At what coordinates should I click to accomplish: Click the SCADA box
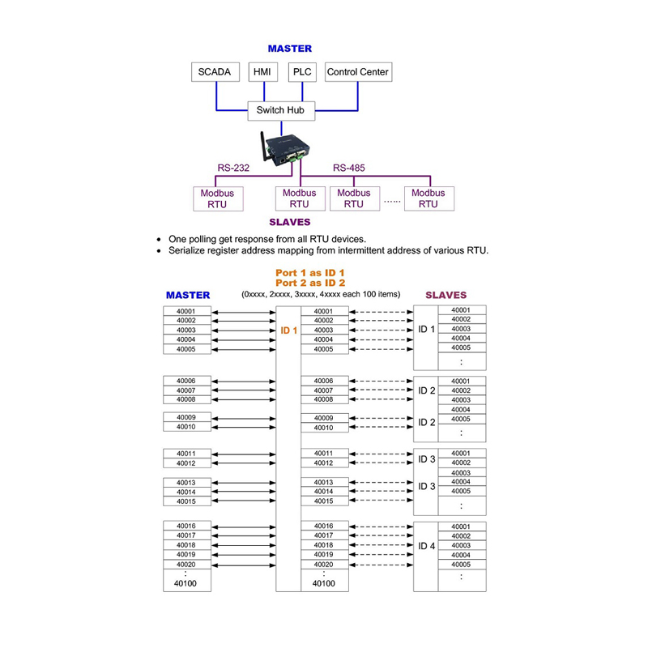tap(215, 72)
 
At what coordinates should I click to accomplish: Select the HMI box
tap(262, 72)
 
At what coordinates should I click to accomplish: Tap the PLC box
tap(302, 72)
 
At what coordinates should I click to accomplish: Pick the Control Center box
tap(357, 72)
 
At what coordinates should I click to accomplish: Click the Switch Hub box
tap(279, 110)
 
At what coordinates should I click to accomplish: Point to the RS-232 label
tap(233, 168)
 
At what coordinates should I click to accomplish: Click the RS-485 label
tap(349, 168)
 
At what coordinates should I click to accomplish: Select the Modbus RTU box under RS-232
tap(217, 198)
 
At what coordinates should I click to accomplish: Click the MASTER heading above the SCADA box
tap(290, 49)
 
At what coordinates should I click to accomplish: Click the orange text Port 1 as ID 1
tap(310, 273)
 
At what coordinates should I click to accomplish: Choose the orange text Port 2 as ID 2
tap(310, 283)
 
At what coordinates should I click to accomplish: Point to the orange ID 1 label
tap(289, 330)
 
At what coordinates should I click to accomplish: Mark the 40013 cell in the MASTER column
tap(185, 483)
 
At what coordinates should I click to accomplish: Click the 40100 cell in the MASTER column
tap(185, 582)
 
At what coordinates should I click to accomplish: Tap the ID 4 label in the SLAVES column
tap(427, 546)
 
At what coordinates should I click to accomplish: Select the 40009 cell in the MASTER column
tap(185, 418)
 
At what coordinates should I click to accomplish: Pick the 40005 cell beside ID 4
tap(461, 565)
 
